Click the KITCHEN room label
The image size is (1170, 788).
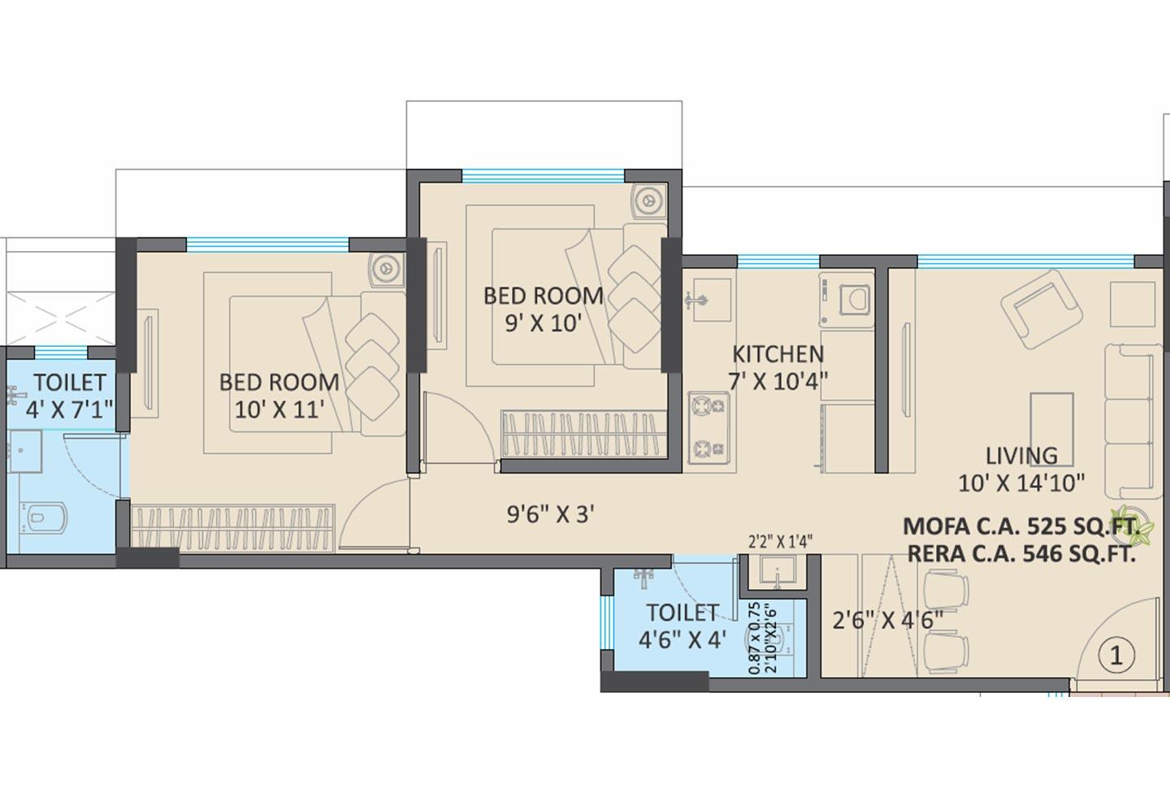coord(778,354)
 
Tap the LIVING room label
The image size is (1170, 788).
coord(1021,456)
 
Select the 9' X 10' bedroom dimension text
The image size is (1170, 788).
coord(544,323)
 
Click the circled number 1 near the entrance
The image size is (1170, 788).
coord(1116,655)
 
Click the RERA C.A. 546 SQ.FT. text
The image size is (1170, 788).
coord(1021,554)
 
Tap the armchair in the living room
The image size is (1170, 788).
coord(1034,306)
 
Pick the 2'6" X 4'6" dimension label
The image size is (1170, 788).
coord(888,621)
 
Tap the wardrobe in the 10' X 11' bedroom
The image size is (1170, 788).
coord(234,526)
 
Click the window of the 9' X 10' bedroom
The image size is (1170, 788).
coord(543,175)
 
